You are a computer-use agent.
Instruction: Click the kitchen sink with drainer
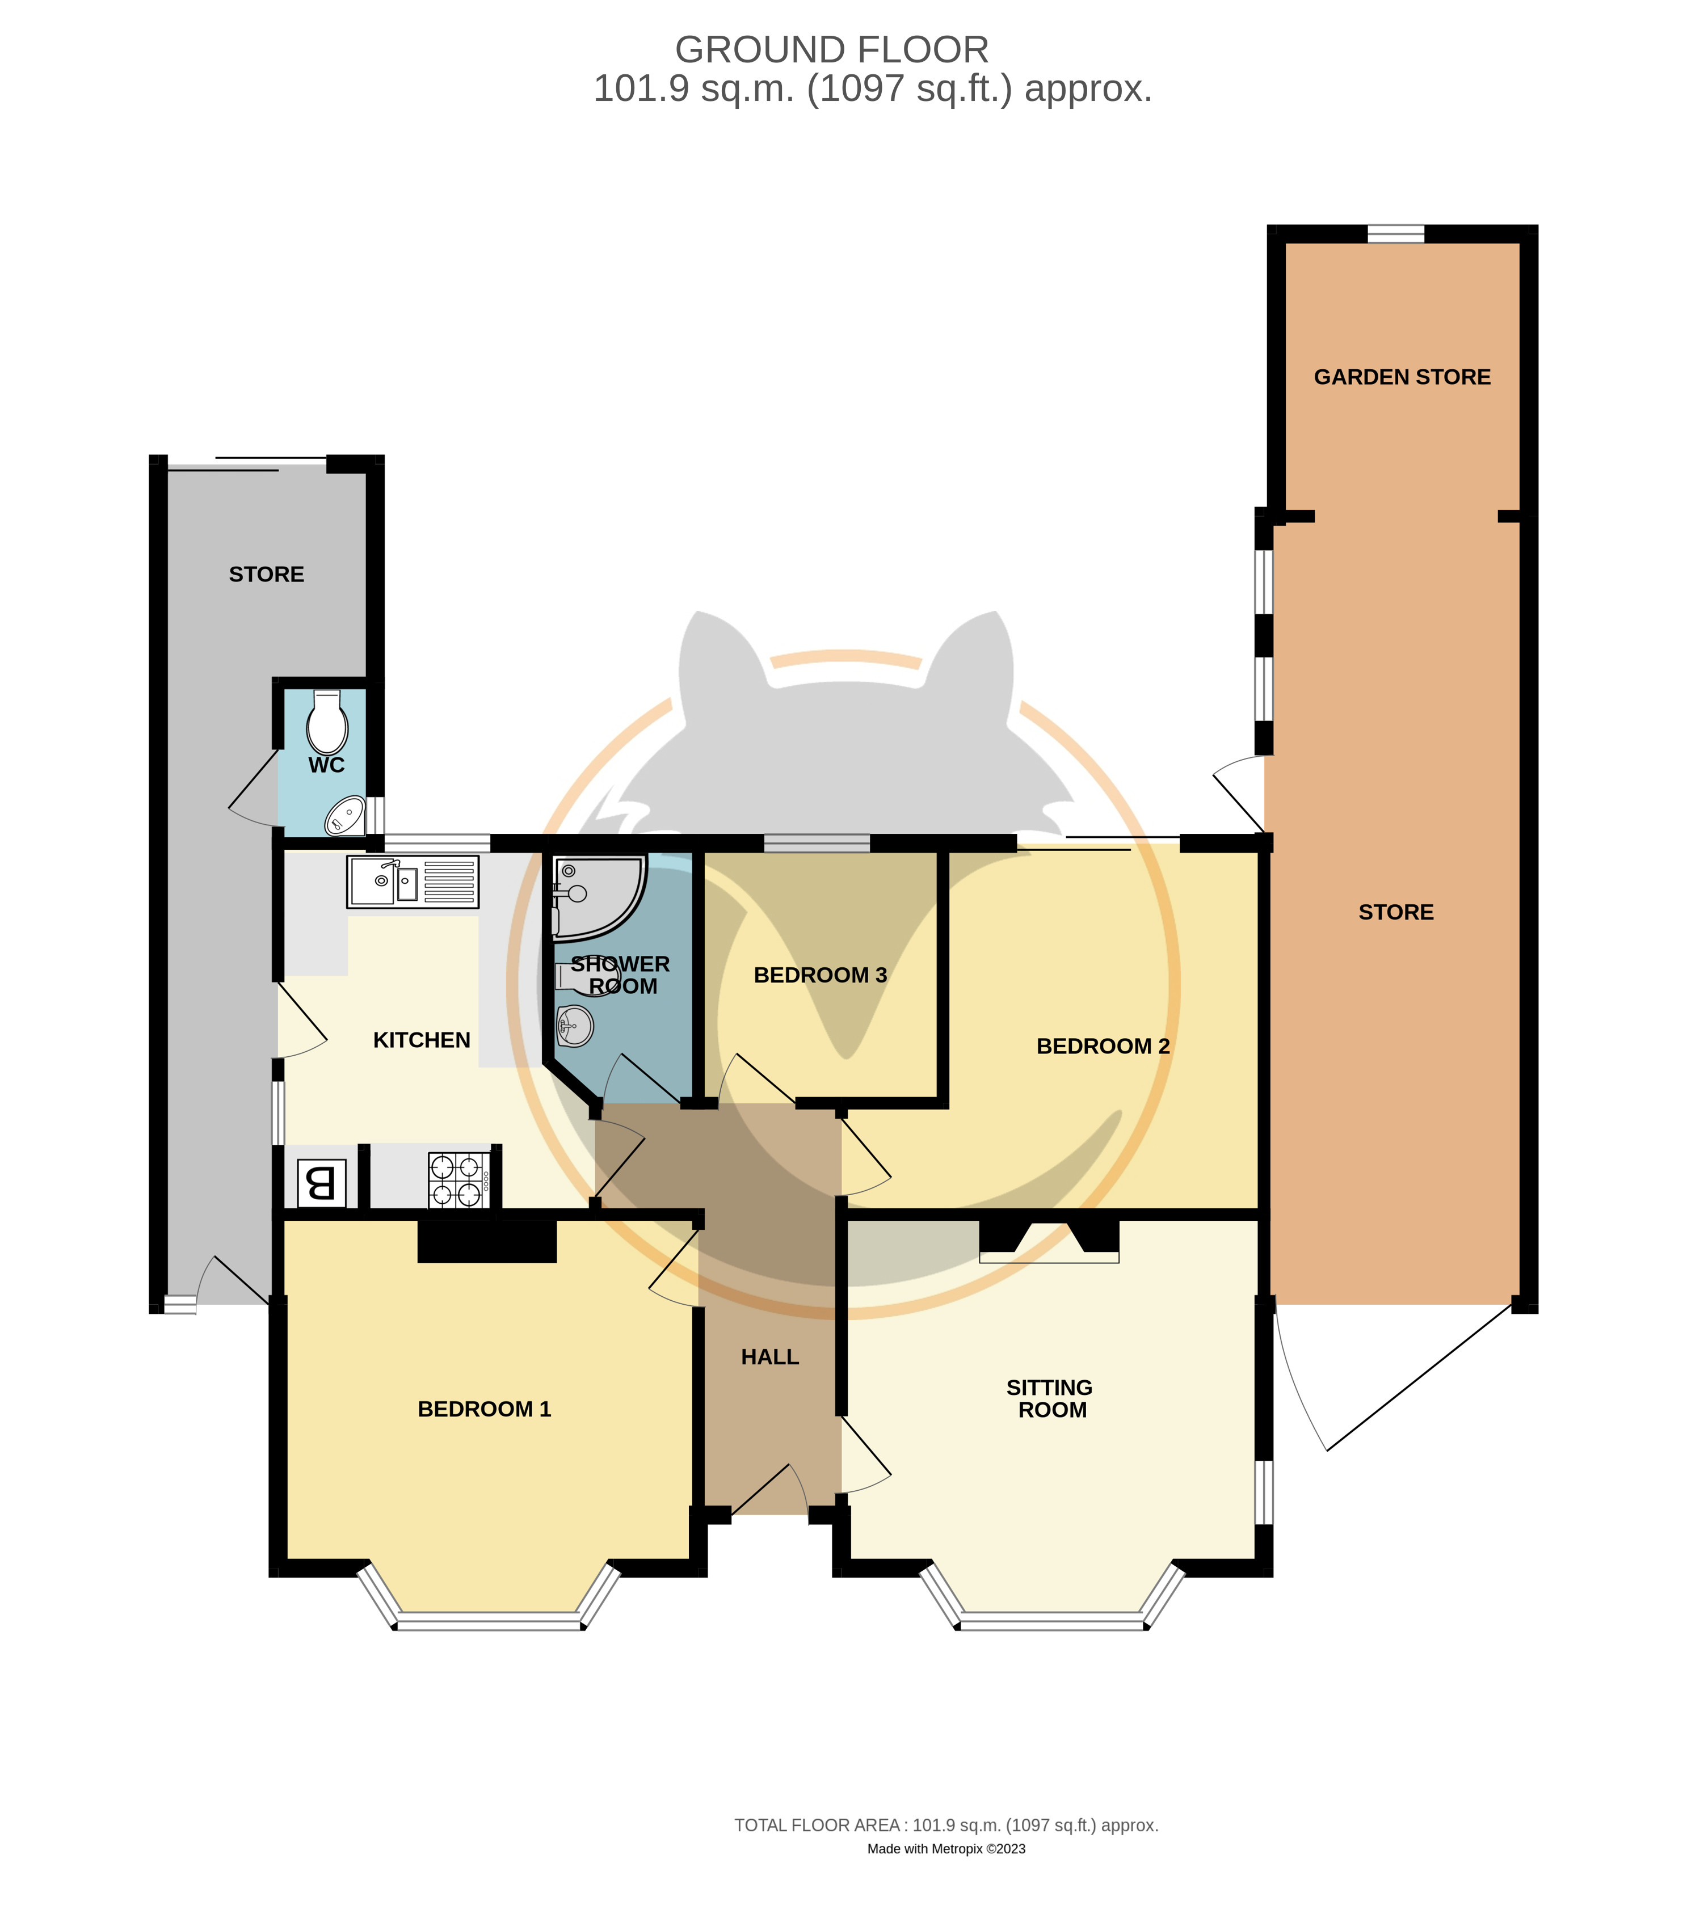(413, 882)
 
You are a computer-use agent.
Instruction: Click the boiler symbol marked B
(322, 1183)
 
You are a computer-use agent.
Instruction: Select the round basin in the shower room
(574, 1026)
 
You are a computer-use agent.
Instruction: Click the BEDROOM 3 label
(820, 975)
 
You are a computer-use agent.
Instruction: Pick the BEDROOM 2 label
(1103, 1047)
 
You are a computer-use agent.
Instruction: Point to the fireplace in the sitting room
(1049, 1240)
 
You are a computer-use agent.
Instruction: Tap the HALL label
(769, 1357)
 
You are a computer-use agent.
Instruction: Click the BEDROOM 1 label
(484, 1409)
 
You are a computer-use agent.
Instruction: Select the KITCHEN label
(422, 1040)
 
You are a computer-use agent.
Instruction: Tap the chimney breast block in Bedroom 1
(487, 1241)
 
